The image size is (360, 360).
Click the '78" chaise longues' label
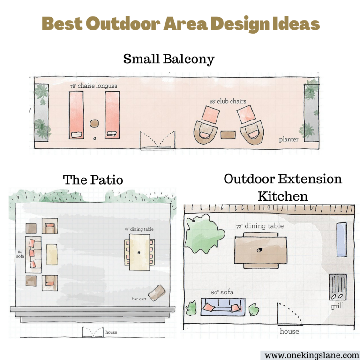93,86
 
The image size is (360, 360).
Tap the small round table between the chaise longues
94,124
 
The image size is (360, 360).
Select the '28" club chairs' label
228,101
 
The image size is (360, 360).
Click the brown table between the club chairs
228,135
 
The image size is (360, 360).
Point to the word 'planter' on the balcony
289,139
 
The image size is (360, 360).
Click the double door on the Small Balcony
157,140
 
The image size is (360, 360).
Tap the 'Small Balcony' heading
169,59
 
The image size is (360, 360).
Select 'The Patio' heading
93,180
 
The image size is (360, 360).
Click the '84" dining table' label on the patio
139,229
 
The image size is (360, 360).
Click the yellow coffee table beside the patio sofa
52,255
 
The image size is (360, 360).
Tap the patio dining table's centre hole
139,252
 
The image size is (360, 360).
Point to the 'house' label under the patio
111,332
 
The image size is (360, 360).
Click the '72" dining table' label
260,226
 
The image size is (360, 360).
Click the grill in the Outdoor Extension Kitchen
337,287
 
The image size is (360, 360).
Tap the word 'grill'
337,306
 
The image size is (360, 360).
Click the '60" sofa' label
222,292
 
